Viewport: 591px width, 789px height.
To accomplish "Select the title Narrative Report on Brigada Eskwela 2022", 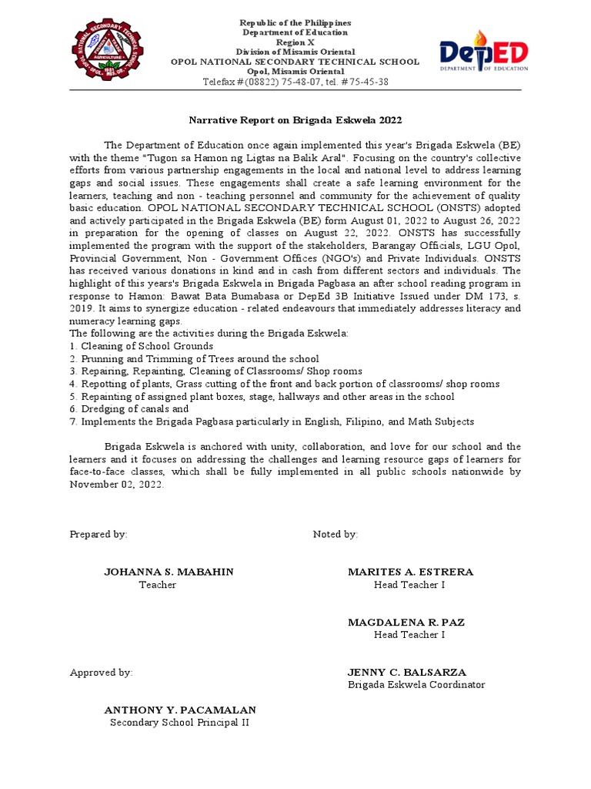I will (x=296, y=121).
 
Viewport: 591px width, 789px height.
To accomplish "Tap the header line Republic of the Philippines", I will (x=296, y=23).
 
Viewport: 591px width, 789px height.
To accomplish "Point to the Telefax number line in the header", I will (x=296, y=82).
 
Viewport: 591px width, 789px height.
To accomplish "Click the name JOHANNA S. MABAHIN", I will (x=169, y=572).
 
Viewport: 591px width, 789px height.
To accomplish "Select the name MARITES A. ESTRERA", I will (x=410, y=572).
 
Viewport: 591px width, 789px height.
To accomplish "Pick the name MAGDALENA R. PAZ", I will (x=406, y=622).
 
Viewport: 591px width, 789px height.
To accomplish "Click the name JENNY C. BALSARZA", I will (x=407, y=672).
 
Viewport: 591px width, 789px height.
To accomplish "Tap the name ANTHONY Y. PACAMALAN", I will (x=180, y=710).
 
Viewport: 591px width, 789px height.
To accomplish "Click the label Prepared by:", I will (x=98, y=534).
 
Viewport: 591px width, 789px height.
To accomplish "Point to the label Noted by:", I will (x=335, y=534).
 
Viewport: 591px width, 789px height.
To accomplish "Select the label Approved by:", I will (x=101, y=672).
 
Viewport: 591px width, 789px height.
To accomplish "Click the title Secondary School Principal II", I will (x=179, y=723).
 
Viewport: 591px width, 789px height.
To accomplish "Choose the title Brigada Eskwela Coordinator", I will (x=416, y=684).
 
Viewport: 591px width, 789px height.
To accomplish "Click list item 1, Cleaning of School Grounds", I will (x=142, y=346).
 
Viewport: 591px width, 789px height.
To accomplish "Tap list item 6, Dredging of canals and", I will (x=129, y=409).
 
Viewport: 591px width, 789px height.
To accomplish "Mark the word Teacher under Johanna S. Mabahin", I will (x=157, y=585).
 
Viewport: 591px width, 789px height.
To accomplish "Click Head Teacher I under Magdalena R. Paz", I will (x=409, y=635).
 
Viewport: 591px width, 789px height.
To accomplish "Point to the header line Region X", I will (x=296, y=42).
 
